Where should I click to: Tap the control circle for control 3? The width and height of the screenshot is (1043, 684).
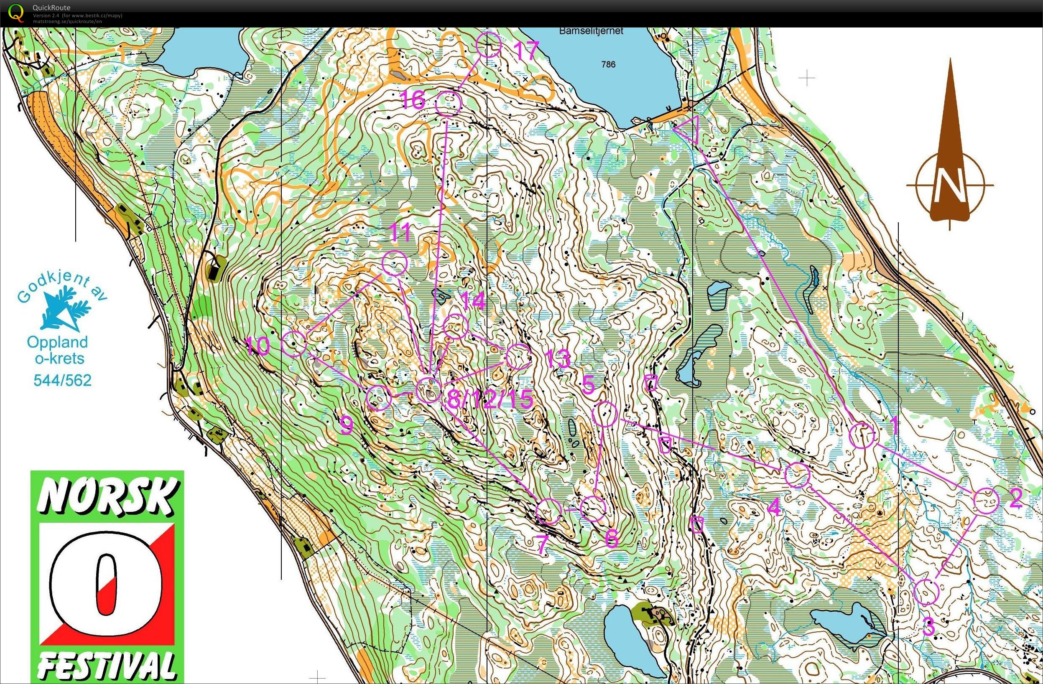click(x=927, y=592)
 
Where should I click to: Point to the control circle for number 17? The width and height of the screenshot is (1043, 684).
click(x=488, y=45)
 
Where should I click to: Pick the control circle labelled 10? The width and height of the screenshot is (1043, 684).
click(x=293, y=343)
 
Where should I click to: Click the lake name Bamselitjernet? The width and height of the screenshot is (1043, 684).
click(x=591, y=31)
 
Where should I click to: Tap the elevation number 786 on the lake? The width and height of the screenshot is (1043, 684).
click(x=608, y=64)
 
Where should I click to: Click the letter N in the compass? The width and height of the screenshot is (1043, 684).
click(x=950, y=186)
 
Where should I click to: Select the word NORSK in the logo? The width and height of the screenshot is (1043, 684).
click(x=107, y=498)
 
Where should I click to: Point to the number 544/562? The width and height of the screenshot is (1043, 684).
click(x=63, y=380)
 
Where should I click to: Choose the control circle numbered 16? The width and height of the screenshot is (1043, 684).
click(x=449, y=103)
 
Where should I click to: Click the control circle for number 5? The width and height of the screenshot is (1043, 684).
click(x=605, y=413)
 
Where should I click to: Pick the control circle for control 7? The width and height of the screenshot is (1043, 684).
click(x=548, y=511)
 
